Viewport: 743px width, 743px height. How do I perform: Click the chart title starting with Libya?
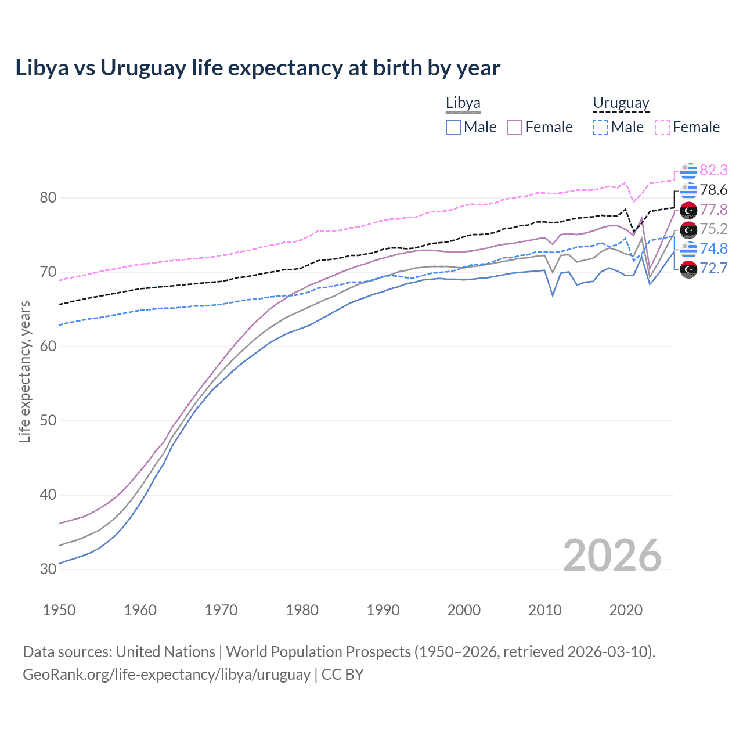(x=257, y=68)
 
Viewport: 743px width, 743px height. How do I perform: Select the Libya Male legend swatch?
(x=453, y=127)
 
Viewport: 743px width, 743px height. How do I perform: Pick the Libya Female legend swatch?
(x=515, y=127)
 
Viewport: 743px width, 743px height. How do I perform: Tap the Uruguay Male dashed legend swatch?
(x=600, y=127)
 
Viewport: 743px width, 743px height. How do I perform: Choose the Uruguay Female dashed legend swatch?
(x=662, y=127)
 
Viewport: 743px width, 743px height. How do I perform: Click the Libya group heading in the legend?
(x=463, y=103)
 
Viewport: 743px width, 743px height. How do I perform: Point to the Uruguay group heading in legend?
(x=621, y=103)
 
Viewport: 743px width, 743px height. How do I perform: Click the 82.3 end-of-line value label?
(x=713, y=170)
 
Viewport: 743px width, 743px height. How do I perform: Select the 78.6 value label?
(x=713, y=190)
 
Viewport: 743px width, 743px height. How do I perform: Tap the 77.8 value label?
(x=713, y=210)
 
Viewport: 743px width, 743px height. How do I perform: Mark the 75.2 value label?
(x=713, y=229)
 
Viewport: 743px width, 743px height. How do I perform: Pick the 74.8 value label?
(x=713, y=248)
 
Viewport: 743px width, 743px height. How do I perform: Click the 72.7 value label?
(x=713, y=268)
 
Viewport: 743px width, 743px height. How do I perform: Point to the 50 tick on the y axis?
(x=48, y=421)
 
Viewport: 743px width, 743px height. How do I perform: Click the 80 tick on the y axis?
(x=48, y=198)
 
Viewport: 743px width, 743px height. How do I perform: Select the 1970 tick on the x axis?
(x=221, y=610)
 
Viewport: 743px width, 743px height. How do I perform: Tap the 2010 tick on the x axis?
(x=544, y=610)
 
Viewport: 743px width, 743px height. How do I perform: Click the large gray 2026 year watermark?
(x=612, y=556)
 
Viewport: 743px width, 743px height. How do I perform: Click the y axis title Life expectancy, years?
(x=24, y=371)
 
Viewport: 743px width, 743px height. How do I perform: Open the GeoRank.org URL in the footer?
(x=167, y=675)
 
